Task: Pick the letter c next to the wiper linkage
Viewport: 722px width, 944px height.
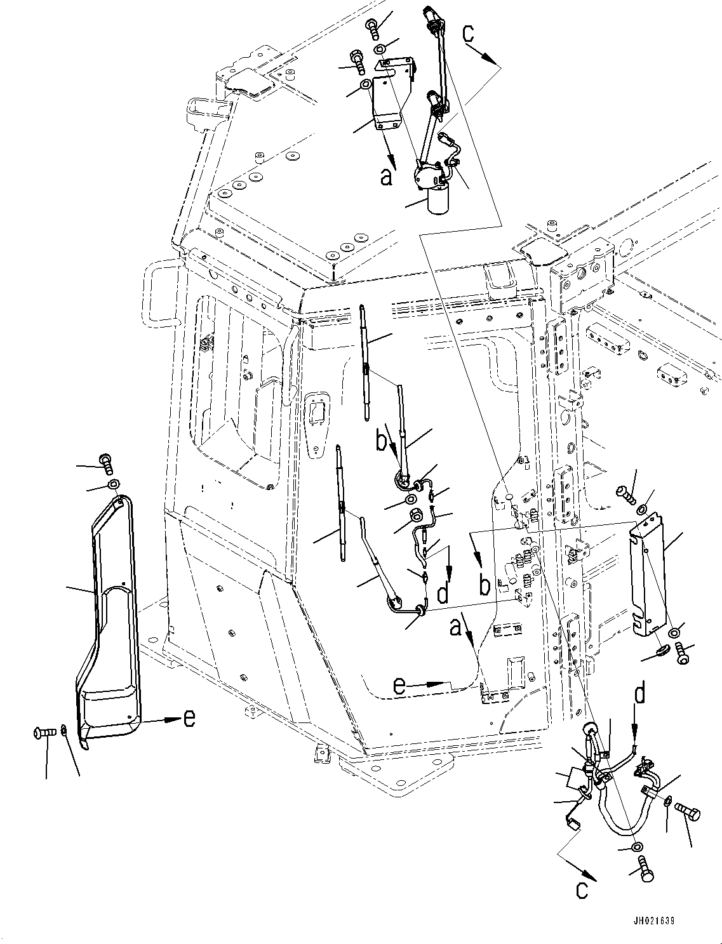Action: click(469, 33)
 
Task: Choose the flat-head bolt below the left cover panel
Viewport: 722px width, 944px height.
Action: click(43, 734)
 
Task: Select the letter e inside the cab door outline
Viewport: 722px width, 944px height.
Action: click(399, 686)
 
